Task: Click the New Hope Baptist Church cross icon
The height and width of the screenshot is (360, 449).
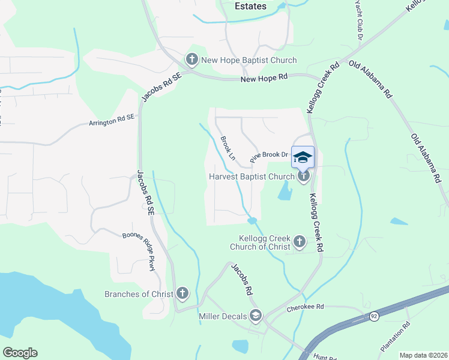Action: click(x=192, y=59)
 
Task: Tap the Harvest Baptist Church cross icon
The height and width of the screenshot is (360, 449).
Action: click(x=304, y=176)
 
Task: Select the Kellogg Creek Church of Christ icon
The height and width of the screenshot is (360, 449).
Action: click(x=299, y=242)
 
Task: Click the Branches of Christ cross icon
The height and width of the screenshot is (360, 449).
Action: click(x=182, y=293)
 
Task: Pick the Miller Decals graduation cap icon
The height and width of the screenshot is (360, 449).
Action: click(x=256, y=316)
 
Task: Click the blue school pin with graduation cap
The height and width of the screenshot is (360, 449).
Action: click(x=303, y=157)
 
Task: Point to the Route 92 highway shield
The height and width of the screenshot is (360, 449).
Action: click(x=375, y=316)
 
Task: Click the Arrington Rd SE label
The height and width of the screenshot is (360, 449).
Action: click(x=111, y=122)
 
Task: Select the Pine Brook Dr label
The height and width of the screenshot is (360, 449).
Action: click(x=270, y=156)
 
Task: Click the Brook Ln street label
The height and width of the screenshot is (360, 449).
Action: click(x=228, y=148)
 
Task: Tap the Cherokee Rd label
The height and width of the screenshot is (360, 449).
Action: click(x=305, y=307)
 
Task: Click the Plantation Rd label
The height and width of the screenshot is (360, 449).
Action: click(x=396, y=337)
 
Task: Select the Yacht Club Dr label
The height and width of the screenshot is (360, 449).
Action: click(x=359, y=20)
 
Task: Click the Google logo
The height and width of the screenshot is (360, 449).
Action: click(x=20, y=353)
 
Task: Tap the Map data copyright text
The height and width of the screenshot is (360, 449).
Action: click(x=423, y=355)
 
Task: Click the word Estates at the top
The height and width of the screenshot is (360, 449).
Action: click(x=247, y=6)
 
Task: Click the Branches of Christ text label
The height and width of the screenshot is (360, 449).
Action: click(x=139, y=294)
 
